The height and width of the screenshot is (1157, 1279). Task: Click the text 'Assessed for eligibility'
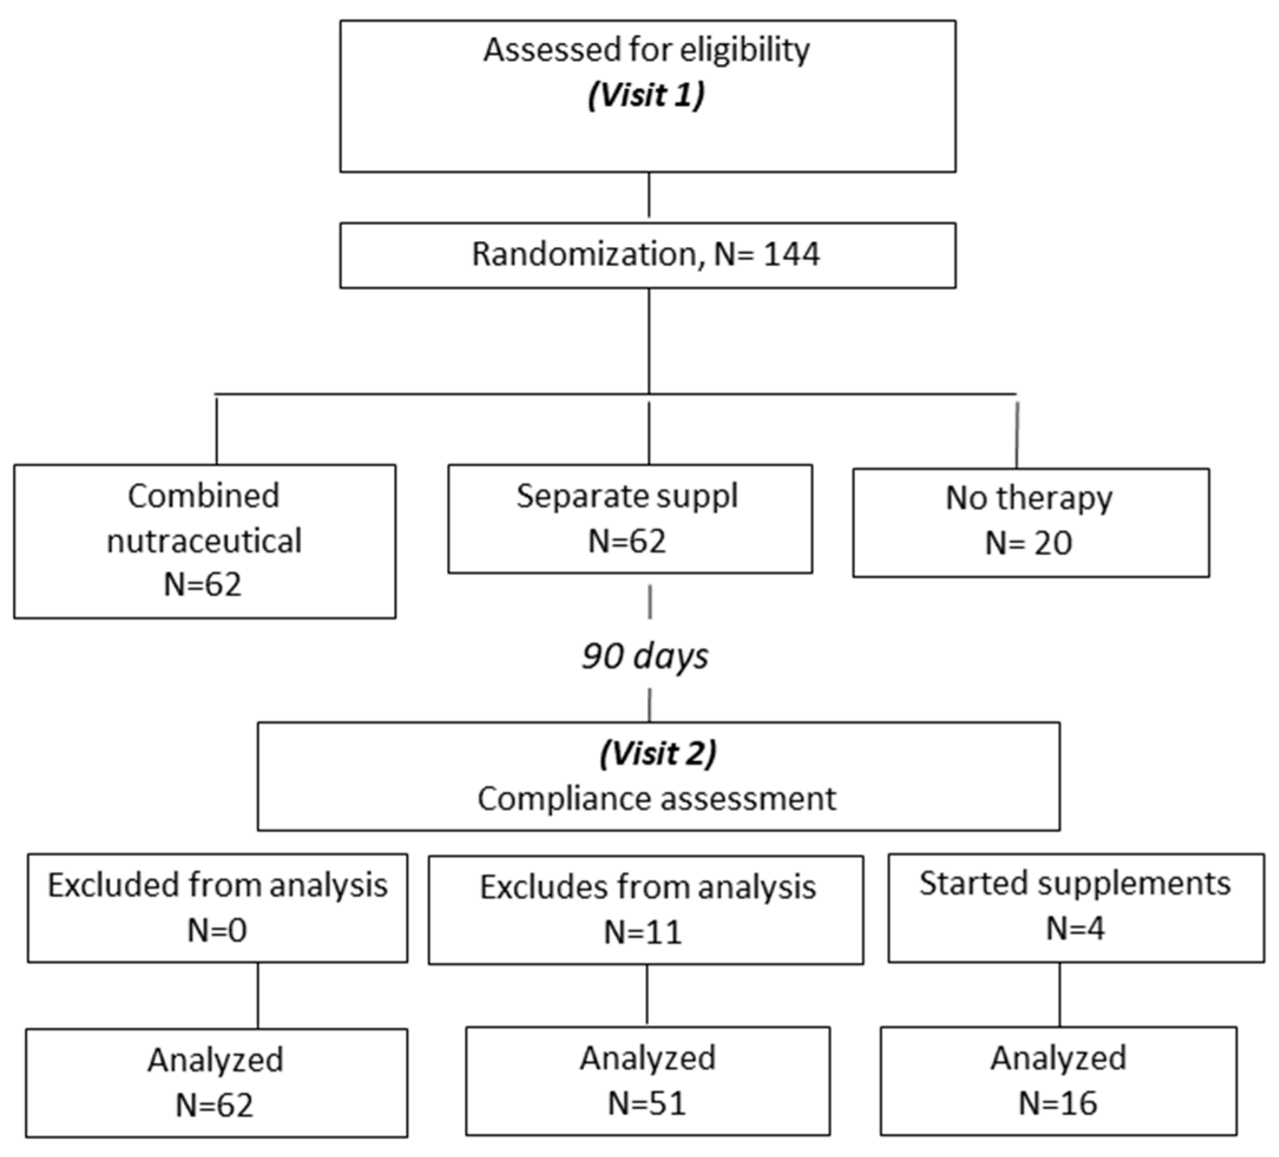[x=646, y=50]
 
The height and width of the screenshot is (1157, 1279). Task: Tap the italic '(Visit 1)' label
[x=646, y=95]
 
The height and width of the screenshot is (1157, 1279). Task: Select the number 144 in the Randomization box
[x=792, y=254]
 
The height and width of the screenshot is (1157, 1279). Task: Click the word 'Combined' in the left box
[x=203, y=495]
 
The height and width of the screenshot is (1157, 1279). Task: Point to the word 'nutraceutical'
[x=203, y=541]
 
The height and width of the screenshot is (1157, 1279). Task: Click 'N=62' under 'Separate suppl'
[x=627, y=541]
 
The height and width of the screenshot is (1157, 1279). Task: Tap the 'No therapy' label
[x=1028, y=497]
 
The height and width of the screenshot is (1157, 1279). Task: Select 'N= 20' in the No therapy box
[x=1028, y=543]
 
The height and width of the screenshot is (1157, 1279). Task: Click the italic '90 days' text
[x=645, y=656]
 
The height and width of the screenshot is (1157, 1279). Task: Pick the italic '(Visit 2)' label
[x=658, y=753]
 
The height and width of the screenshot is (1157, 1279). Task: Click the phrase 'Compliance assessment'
[x=657, y=798]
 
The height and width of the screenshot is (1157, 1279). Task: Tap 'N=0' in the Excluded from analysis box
[x=217, y=930]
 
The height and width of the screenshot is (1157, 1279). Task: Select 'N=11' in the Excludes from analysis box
[x=643, y=932]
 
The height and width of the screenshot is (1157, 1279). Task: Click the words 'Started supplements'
[x=1075, y=883]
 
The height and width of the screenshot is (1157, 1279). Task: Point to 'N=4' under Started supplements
[x=1075, y=928]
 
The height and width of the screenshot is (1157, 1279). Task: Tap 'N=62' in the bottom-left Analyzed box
[x=215, y=1105]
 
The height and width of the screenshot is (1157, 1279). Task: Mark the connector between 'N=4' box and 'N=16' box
[x=1060, y=996]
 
